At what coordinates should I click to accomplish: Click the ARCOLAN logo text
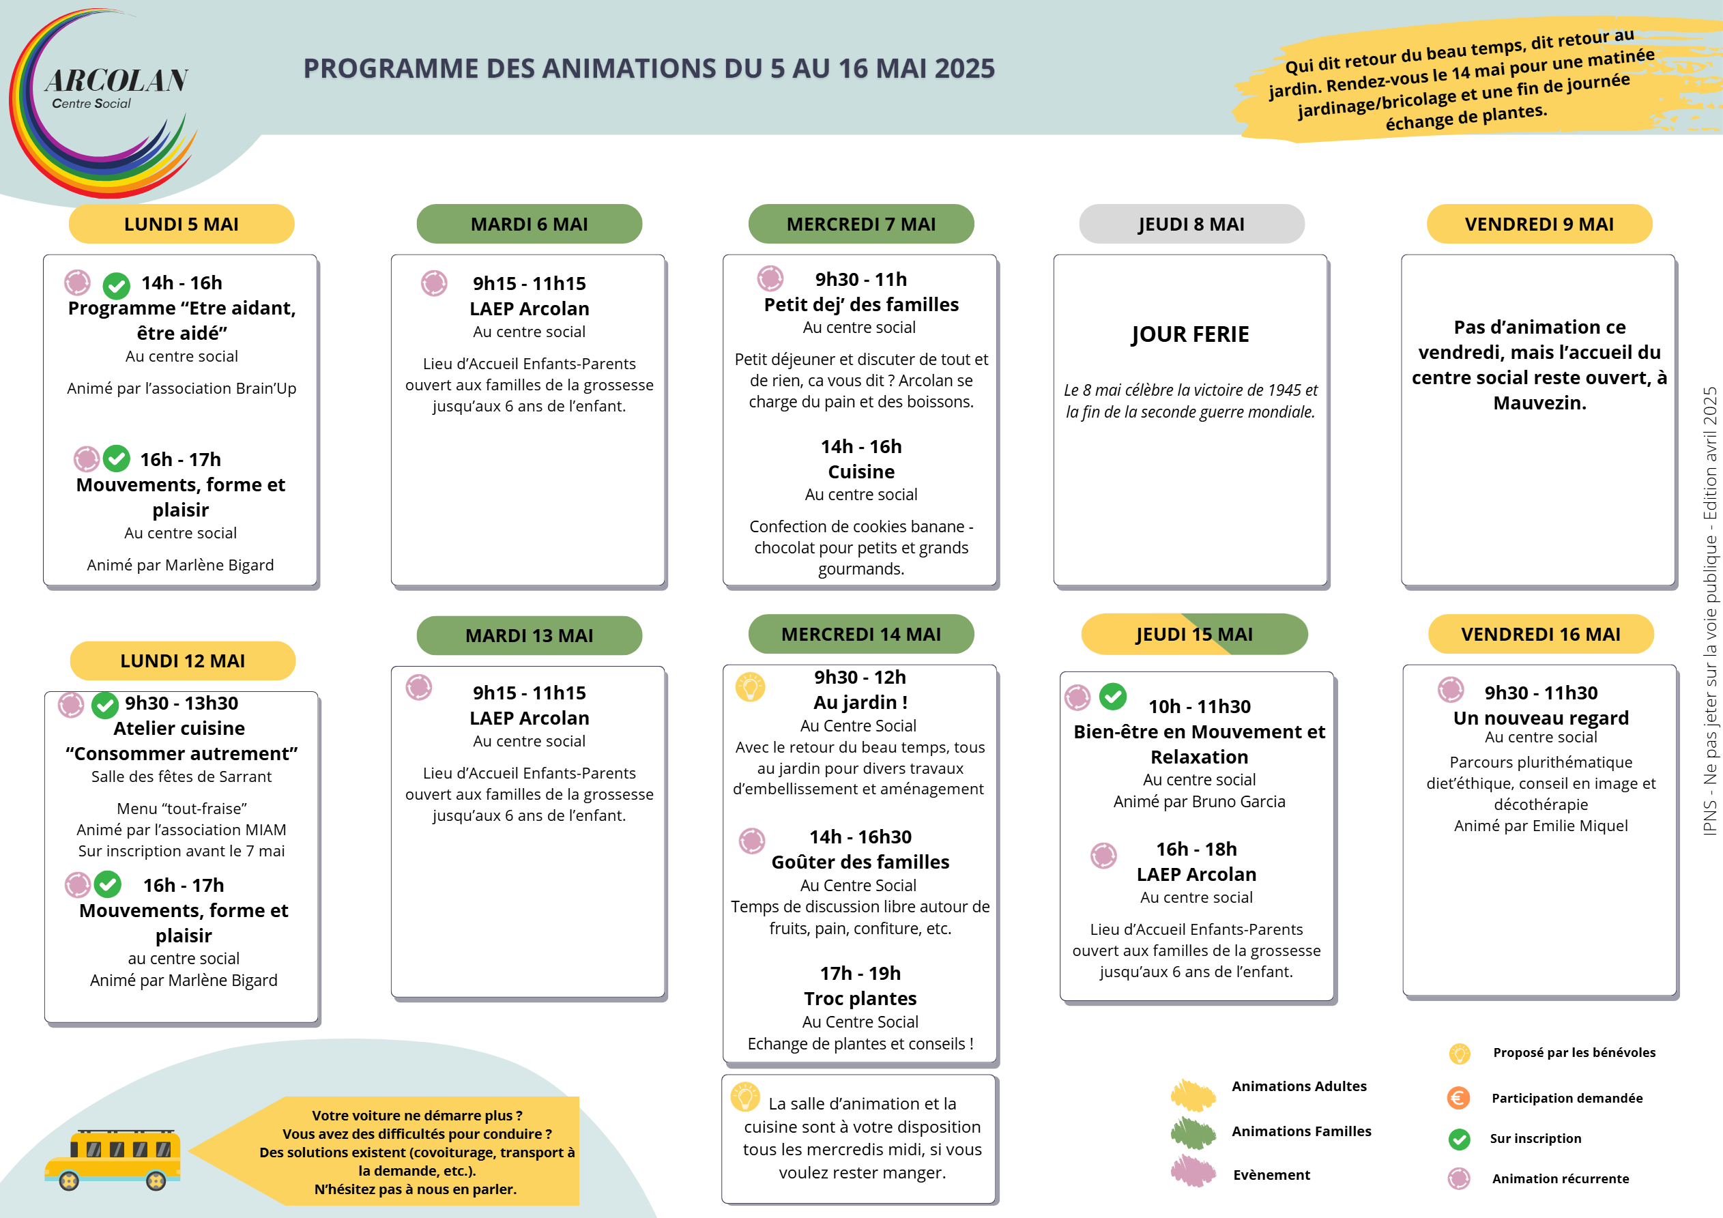pyautogui.click(x=116, y=81)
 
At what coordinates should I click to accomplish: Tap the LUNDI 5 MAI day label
pyautogui.click(x=181, y=224)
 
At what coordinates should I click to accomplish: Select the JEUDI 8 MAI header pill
pyautogui.click(x=1191, y=224)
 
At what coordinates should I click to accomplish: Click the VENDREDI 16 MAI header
pyautogui.click(x=1540, y=634)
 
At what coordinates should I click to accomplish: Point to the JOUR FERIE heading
pyautogui.click(x=1190, y=334)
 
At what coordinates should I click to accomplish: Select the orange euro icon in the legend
pyautogui.click(x=1458, y=1098)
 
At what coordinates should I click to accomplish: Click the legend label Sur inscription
pyautogui.click(x=1535, y=1138)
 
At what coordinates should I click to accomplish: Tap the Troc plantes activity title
pyautogui.click(x=860, y=998)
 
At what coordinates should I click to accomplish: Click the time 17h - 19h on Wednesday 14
pyautogui.click(x=860, y=973)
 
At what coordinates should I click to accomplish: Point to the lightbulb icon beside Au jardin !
pyautogui.click(x=750, y=686)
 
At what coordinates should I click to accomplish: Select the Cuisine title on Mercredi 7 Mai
pyautogui.click(x=860, y=472)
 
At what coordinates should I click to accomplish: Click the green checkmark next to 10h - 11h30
pyautogui.click(x=1112, y=696)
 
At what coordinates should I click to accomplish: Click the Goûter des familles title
pyautogui.click(x=860, y=862)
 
